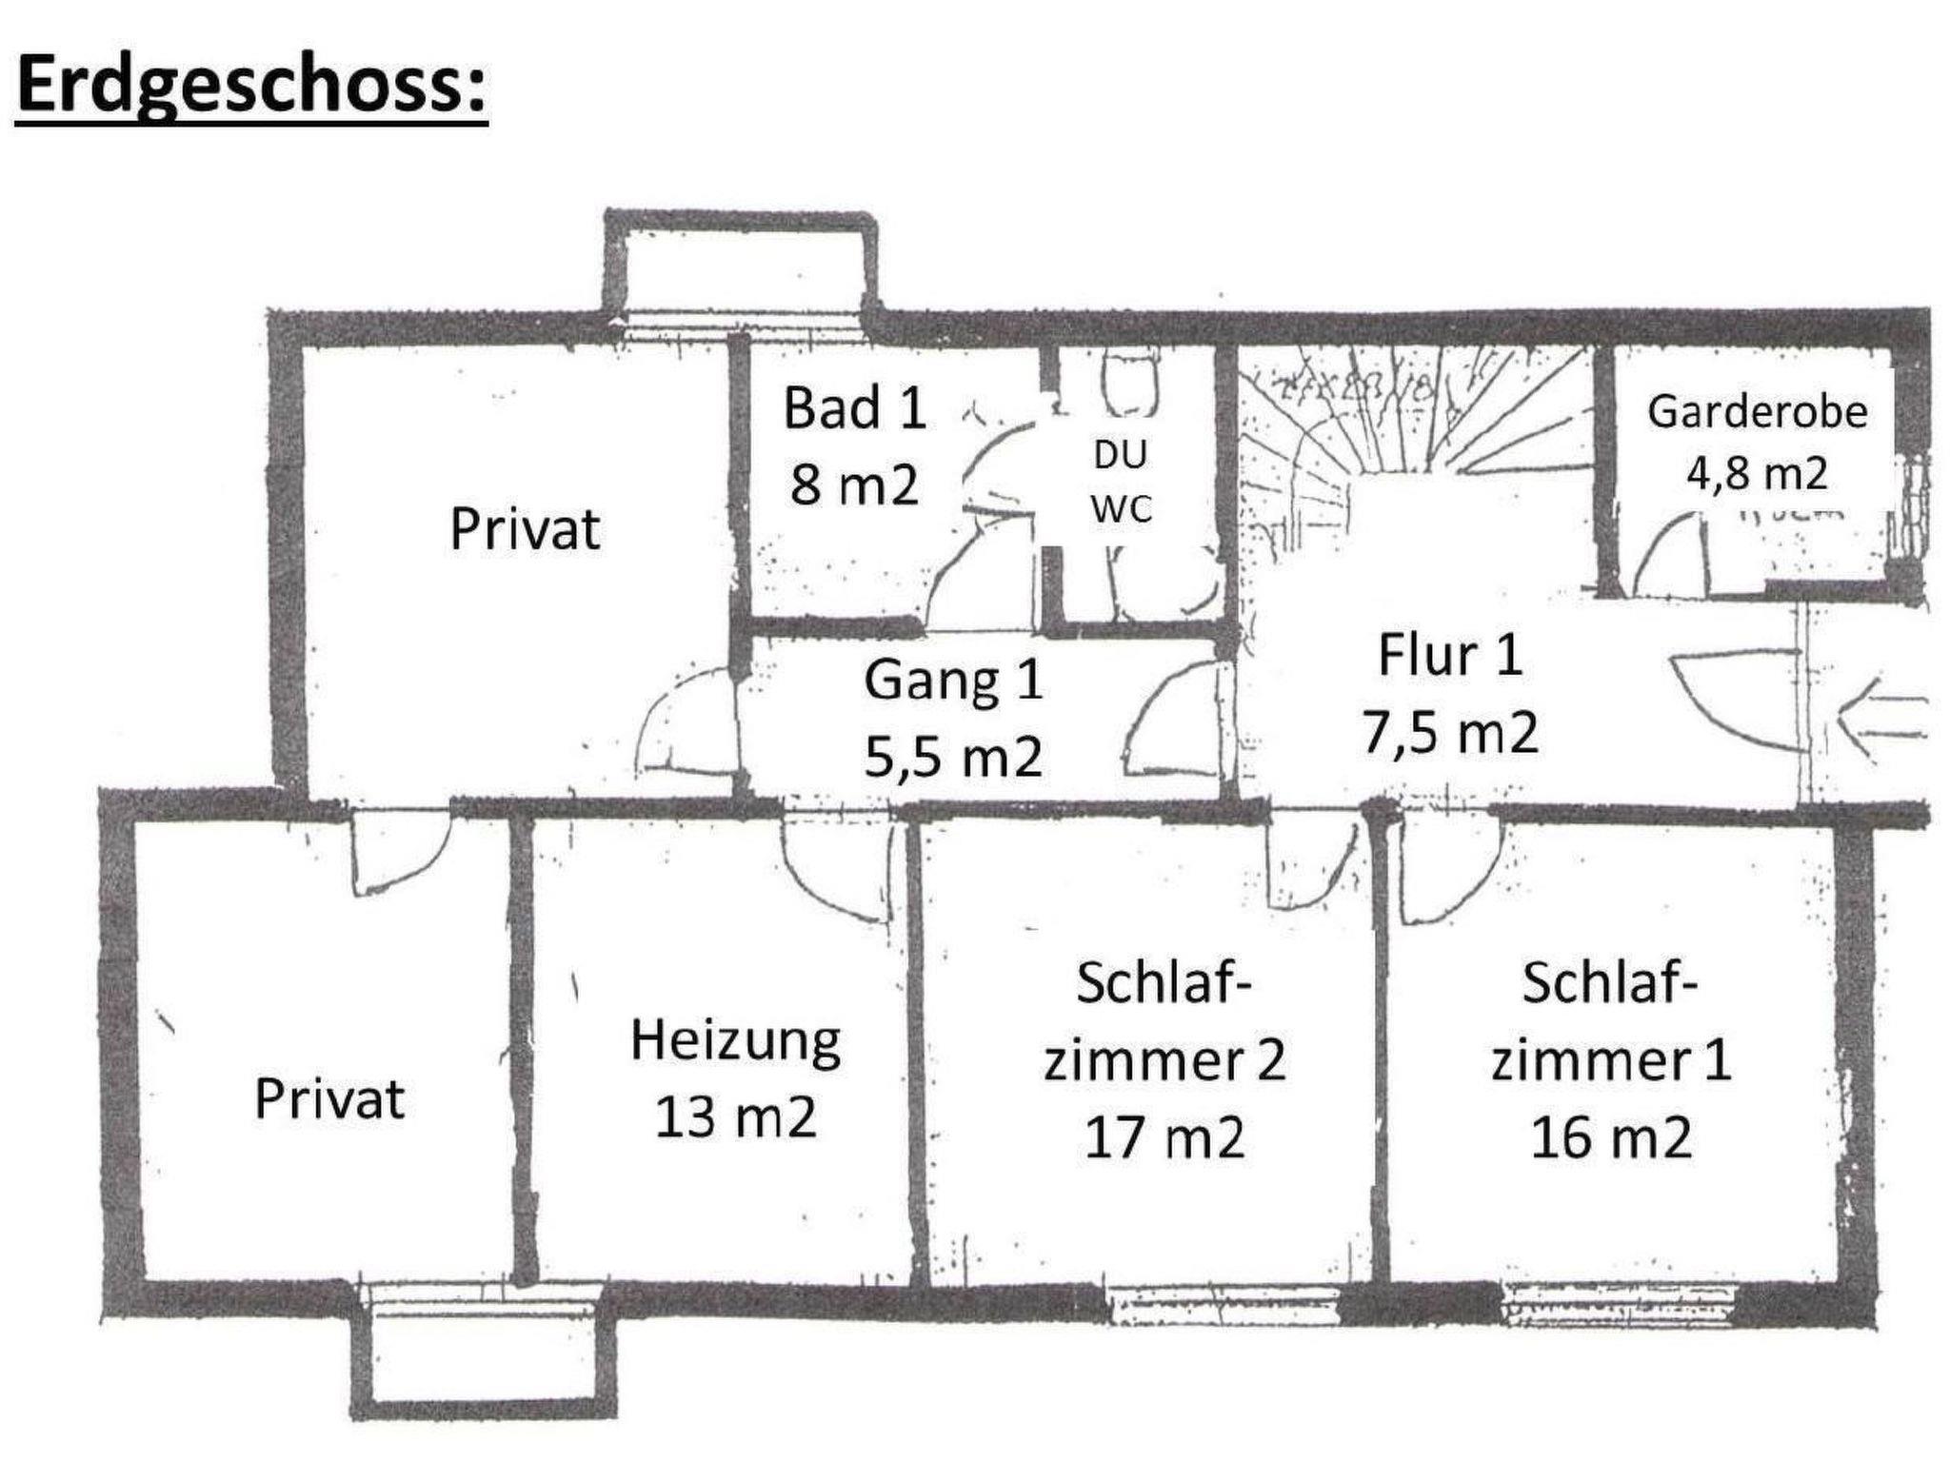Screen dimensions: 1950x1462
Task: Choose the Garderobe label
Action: pyautogui.click(x=1757, y=411)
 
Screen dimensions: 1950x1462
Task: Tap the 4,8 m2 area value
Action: pyautogui.click(x=1757, y=472)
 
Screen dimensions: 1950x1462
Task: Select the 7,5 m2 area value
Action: pyautogui.click(x=1450, y=732)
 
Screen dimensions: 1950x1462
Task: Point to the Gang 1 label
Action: pyautogui.click(x=953, y=681)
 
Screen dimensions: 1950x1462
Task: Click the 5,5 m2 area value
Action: pyautogui.click(x=953, y=758)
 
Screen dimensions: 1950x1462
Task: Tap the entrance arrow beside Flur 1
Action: pyautogui.click(x=1881, y=718)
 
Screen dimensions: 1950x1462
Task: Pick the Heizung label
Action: pyautogui.click(x=735, y=1042)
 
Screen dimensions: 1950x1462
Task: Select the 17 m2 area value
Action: pyautogui.click(x=1164, y=1136)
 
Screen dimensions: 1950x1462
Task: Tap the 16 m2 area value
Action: pyautogui.click(x=1611, y=1136)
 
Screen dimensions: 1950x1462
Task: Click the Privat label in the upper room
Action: pyautogui.click(x=525, y=528)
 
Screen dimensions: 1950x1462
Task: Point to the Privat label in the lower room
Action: pyautogui.click(x=329, y=1098)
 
